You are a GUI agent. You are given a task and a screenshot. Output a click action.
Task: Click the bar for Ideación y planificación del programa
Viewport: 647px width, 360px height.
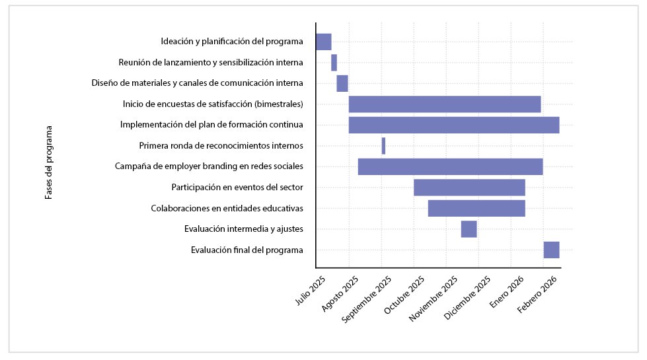(x=323, y=42)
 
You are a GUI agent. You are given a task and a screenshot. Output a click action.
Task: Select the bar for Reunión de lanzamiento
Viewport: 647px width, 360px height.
(x=334, y=63)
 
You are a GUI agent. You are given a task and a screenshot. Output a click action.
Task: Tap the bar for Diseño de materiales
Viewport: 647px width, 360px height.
(x=342, y=83)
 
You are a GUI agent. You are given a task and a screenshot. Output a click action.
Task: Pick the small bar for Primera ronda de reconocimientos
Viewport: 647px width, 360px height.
(x=383, y=146)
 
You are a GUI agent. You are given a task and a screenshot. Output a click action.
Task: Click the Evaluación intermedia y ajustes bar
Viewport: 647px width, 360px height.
(x=469, y=229)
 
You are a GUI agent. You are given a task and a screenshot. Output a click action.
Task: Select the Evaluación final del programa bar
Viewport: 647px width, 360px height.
(x=551, y=250)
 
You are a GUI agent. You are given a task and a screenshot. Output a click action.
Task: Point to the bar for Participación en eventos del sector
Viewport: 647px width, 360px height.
(x=469, y=188)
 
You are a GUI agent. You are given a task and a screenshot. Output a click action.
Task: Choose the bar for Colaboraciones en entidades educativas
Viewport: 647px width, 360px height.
(x=476, y=208)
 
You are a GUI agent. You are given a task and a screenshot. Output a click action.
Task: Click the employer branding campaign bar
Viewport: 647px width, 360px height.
(x=450, y=166)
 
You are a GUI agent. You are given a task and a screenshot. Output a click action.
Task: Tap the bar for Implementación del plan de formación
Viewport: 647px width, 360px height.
(x=454, y=125)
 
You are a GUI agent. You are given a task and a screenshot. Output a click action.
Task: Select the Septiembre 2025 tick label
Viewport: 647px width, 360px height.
(x=367, y=297)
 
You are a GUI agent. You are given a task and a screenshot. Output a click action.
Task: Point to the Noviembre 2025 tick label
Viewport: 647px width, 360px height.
(x=433, y=297)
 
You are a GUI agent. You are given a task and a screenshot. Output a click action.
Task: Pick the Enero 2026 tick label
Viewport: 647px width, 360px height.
(x=508, y=291)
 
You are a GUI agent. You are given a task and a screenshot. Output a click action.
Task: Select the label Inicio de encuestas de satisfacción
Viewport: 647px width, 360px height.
(x=213, y=104)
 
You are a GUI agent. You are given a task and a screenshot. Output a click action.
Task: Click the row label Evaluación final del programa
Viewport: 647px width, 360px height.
(x=247, y=250)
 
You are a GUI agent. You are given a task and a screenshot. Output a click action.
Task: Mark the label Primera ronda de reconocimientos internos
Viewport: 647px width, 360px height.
(x=221, y=146)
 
